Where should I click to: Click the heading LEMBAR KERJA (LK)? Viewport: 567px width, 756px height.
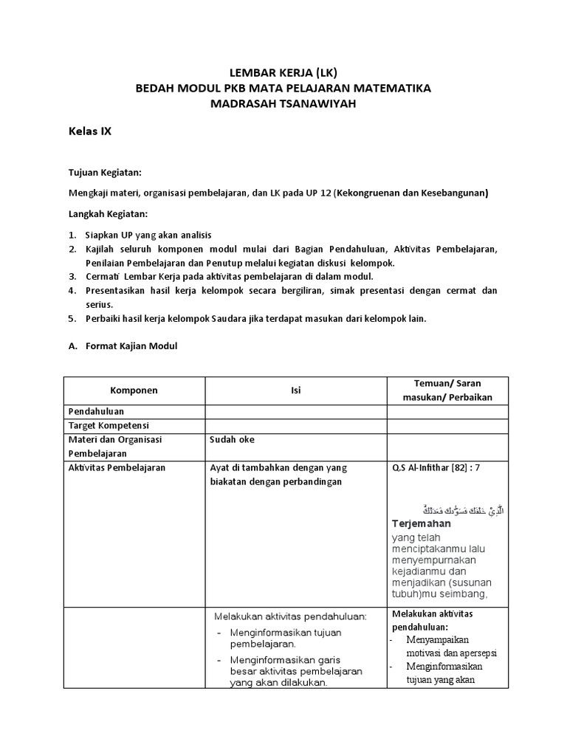point(283,72)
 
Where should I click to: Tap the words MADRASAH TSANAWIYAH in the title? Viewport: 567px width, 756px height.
point(283,104)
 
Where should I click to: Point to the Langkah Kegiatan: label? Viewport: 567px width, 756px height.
point(108,214)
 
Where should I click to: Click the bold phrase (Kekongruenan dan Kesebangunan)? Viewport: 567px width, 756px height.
point(411,193)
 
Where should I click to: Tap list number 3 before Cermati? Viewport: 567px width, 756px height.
point(72,276)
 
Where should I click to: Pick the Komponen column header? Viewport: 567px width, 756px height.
point(134,391)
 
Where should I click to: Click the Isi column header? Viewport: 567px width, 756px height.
point(295,391)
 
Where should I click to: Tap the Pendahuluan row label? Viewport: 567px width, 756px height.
point(96,410)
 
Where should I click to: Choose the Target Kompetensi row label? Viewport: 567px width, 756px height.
point(109,425)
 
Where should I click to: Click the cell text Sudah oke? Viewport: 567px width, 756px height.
point(233,439)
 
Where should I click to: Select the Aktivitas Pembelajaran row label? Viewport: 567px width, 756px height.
point(117,467)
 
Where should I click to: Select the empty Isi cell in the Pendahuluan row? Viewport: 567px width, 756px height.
point(295,410)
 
